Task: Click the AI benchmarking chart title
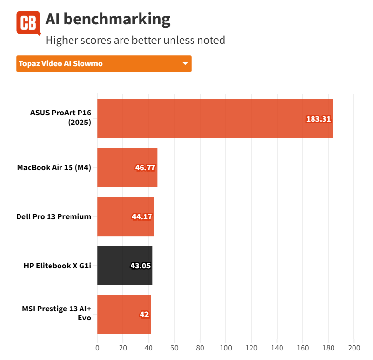(108, 19)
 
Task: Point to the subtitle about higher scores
(135, 40)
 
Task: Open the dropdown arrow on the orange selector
(185, 64)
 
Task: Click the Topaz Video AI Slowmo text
(60, 64)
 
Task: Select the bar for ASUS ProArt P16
(214, 118)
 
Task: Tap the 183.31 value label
(318, 119)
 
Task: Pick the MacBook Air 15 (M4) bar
(127, 167)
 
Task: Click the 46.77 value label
(145, 168)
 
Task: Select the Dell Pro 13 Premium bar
(125, 216)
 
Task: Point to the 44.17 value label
(142, 217)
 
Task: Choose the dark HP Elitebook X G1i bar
(124, 266)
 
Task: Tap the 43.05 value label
(141, 266)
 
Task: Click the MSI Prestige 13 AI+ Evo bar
(124, 314)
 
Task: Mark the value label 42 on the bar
(144, 315)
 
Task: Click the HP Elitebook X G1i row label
(57, 266)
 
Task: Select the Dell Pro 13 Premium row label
(54, 216)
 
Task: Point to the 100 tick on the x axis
(225, 347)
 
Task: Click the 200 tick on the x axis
(353, 347)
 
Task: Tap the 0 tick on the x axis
(97, 347)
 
